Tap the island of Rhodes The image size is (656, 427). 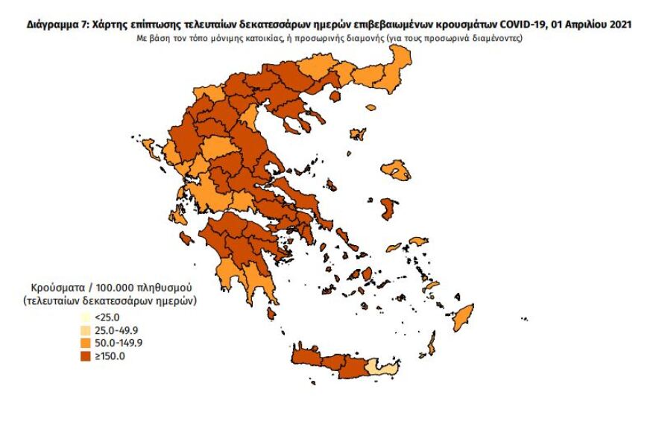[463, 318]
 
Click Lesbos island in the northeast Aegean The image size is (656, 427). [396, 172]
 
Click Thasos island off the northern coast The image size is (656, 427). [335, 96]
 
